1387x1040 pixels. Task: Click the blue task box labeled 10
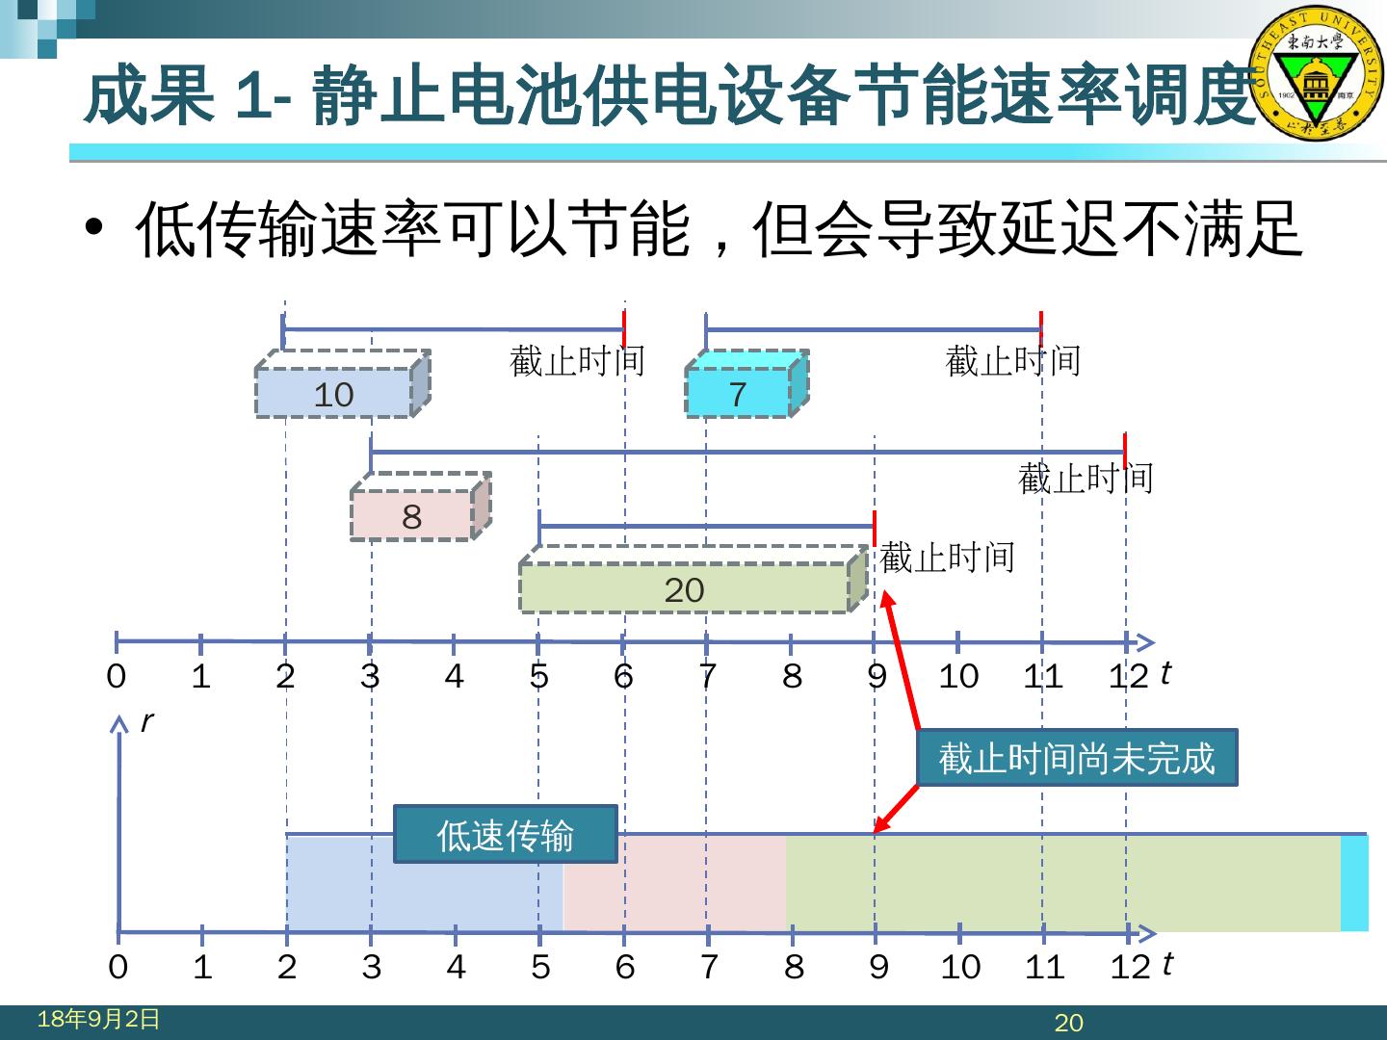[334, 393]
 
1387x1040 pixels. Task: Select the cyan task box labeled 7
[739, 393]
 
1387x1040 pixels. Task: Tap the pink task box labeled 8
[412, 515]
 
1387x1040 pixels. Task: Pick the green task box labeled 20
[685, 588]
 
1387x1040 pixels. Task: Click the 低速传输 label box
[505, 834]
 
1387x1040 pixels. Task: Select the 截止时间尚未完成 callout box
[1076, 758]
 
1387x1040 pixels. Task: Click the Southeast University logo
[1315, 74]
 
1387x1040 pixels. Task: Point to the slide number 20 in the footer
[1069, 1023]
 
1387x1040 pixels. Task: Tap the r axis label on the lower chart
[146, 720]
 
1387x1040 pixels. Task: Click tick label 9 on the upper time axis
[877, 676]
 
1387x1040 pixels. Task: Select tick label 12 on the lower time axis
[1130, 966]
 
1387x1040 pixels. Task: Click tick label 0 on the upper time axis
[116, 676]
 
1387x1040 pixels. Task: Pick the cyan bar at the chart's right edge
[1354, 883]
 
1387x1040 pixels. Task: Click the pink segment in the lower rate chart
[674, 883]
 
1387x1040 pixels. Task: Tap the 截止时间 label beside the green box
[948, 558]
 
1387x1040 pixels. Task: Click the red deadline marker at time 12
[1125, 451]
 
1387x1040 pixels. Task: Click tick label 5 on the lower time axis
[540, 966]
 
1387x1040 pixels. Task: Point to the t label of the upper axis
[1165, 672]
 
